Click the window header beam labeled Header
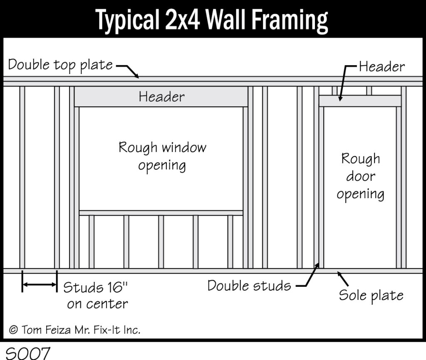coord(161,97)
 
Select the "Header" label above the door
coord(382,67)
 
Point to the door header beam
coord(360,101)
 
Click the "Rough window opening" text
coord(162,156)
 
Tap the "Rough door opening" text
coord(361,177)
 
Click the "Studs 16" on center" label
coord(96,296)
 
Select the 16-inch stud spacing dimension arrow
coord(40,284)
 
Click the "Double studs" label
coord(249,286)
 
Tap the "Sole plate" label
coord(371,296)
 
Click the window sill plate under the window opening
coord(161,213)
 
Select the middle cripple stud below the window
coord(161,242)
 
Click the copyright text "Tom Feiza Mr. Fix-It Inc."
coord(80,330)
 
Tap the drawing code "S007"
coord(28,353)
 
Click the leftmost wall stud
coord(22,177)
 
